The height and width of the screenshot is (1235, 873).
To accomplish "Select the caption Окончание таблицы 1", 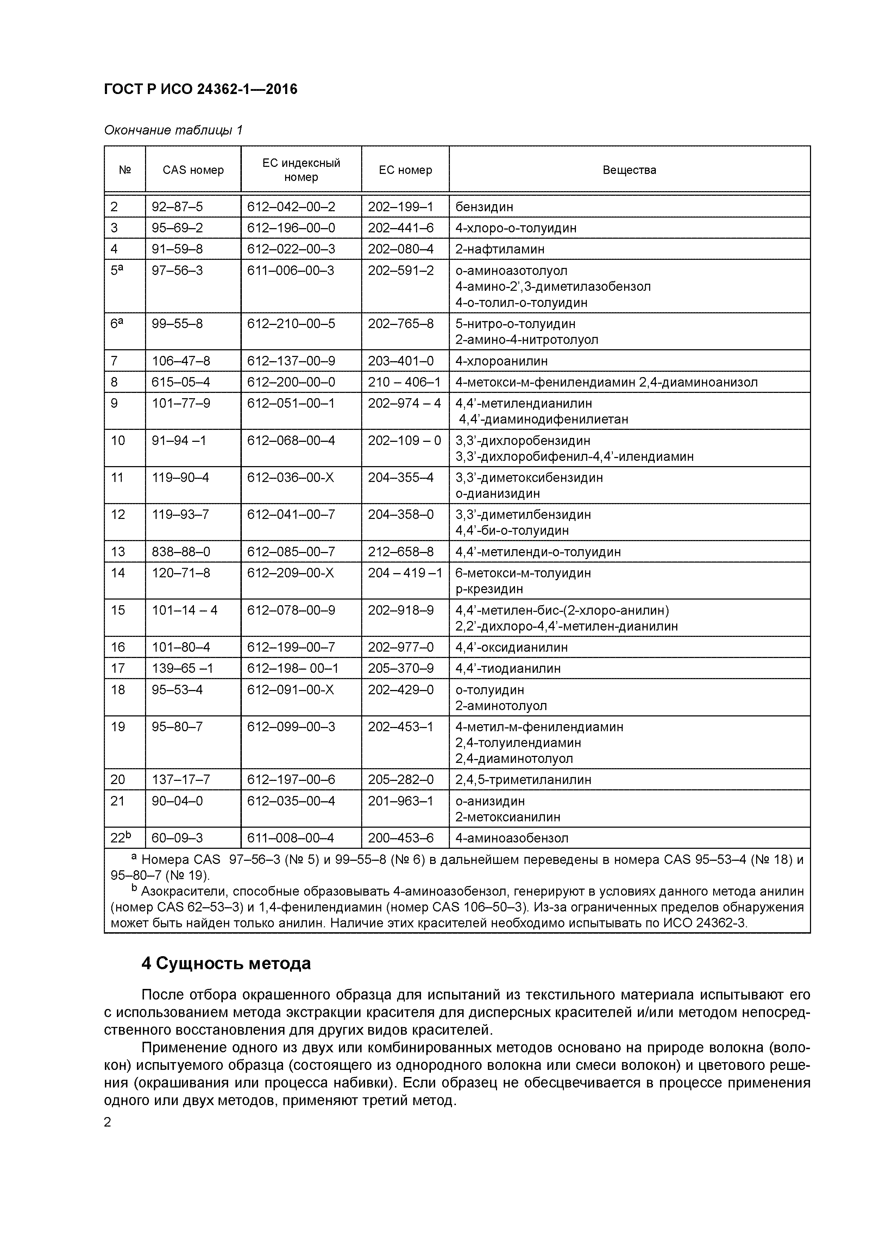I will click(x=173, y=130).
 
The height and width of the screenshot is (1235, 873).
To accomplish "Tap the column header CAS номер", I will click(x=193, y=170).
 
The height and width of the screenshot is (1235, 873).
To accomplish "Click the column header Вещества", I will click(x=629, y=170).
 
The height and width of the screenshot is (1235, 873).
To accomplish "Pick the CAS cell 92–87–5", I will click(x=177, y=207).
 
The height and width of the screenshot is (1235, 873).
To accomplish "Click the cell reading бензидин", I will click(x=484, y=207).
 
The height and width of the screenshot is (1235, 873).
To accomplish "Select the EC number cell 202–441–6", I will click(x=400, y=228).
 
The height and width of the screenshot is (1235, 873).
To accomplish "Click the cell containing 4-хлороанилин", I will click(x=501, y=361).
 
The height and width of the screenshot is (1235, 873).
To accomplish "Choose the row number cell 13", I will click(x=118, y=552).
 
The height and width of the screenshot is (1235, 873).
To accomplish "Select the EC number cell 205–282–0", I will click(x=400, y=780).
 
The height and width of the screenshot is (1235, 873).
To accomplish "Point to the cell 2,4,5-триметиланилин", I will click(x=523, y=780).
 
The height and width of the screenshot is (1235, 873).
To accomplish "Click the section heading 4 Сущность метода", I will click(x=226, y=963).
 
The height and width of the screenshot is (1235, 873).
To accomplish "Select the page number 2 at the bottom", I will click(x=108, y=1123).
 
